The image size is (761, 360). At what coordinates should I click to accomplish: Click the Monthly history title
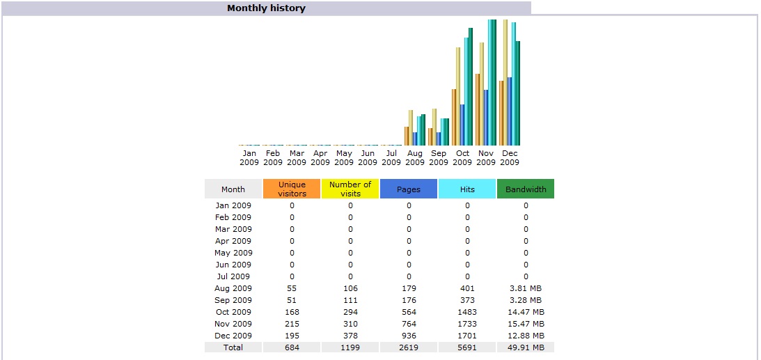pos(266,8)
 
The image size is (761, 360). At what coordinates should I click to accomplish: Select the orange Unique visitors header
pos(292,189)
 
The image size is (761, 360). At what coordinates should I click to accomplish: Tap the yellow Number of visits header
pos(350,189)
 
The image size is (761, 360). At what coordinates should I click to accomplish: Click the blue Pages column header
pos(409,189)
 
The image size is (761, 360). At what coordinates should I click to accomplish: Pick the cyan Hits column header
pos(467,189)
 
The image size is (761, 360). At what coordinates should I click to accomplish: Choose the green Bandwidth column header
pos(526,189)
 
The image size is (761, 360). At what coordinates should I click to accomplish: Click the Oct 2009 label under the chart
pos(462,157)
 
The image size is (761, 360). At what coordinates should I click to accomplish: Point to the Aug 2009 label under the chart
pos(415,157)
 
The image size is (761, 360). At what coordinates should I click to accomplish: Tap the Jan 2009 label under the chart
pos(249,157)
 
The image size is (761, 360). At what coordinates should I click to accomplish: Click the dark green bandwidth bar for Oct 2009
pos(471,87)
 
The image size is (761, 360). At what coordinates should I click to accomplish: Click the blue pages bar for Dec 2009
pos(510,111)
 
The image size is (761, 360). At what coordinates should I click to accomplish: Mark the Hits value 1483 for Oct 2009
pos(467,312)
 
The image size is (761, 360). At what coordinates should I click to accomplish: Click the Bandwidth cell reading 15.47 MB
pos(526,324)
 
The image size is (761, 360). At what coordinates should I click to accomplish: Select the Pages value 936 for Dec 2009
pos(409,336)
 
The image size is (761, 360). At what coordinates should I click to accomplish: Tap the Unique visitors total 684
pos(292,347)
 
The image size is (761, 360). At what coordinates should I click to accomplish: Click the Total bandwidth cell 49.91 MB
pos(526,347)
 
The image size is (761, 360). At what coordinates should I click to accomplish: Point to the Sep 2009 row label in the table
pos(233,300)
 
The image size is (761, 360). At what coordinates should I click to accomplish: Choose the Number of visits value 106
pos(350,288)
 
